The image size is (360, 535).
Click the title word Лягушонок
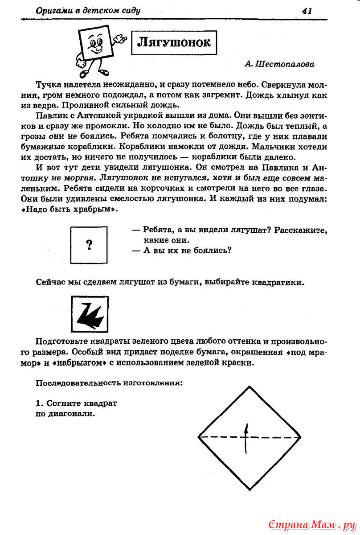(173, 42)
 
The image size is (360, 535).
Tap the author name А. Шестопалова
(279, 64)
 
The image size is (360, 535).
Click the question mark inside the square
(89, 244)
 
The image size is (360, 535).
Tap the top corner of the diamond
(249, 386)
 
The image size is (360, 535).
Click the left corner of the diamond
(198, 437)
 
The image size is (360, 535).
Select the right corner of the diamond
(301, 437)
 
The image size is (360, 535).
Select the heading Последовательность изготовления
(109, 383)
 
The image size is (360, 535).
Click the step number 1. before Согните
(39, 403)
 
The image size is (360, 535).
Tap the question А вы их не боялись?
(187, 250)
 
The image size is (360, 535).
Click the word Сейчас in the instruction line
(49, 283)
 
